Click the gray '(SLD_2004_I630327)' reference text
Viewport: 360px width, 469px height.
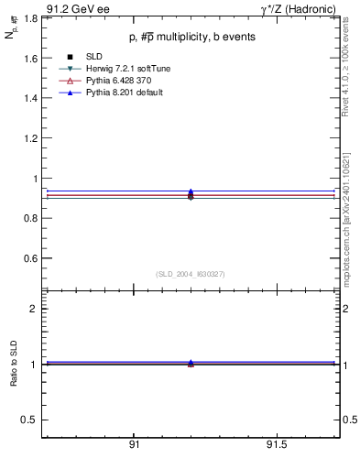tap(191, 274)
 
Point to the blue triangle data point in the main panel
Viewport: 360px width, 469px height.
tap(191, 191)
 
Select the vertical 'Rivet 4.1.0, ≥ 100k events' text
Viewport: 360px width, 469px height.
tap(351, 69)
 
